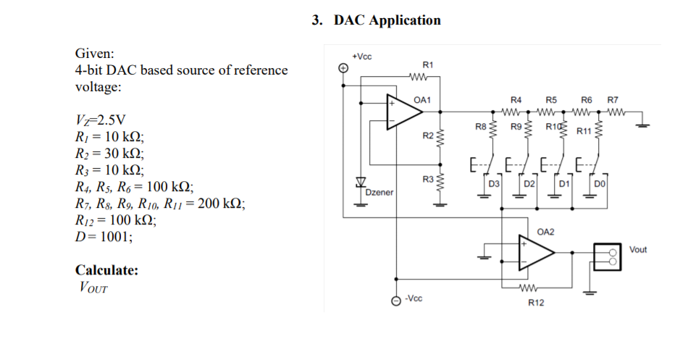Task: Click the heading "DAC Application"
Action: tap(387, 20)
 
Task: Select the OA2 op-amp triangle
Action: tap(534, 253)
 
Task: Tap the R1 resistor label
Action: tap(427, 65)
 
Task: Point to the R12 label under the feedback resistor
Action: tap(535, 302)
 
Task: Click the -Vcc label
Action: tap(414, 298)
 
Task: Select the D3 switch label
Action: tap(494, 185)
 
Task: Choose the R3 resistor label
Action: tap(427, 178)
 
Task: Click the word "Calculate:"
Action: tap(107, 270)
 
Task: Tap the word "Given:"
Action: tap(95, 54)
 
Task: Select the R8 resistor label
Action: tap(480, 127)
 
